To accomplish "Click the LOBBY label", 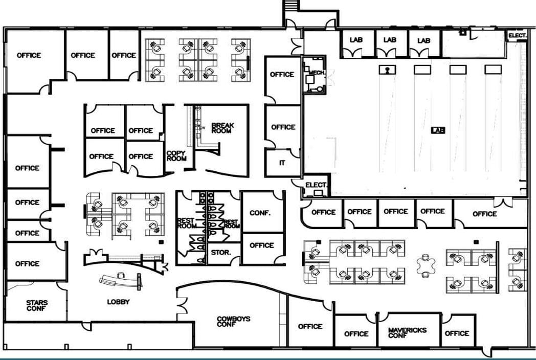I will (x=118, y=302).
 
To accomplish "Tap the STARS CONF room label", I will (x=37, y=306).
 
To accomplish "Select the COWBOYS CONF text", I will (x=234, y=322).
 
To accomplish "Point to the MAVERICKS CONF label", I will (x=407, y=333).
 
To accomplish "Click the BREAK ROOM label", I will (x=222, y=128).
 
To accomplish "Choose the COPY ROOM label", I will (x=176, y=155).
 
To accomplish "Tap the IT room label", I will (x=282, y=163).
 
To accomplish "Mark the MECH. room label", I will (x=317, y=73).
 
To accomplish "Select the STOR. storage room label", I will (x=218, y=252).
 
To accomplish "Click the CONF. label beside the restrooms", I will (x=260, y=213).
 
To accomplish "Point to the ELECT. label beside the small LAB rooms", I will (x=518, y=35).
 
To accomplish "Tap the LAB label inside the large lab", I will (x=438, y=130).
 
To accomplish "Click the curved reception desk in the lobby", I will (x=121, y=279).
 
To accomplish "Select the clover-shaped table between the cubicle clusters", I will (x=426, y=265).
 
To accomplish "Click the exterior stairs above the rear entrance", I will (x=291, y=5).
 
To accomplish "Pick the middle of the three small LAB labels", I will (x=390, y=40).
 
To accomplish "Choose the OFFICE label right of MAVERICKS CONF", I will (x=457, y=333).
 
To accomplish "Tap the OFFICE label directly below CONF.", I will (x=262, y=245).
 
